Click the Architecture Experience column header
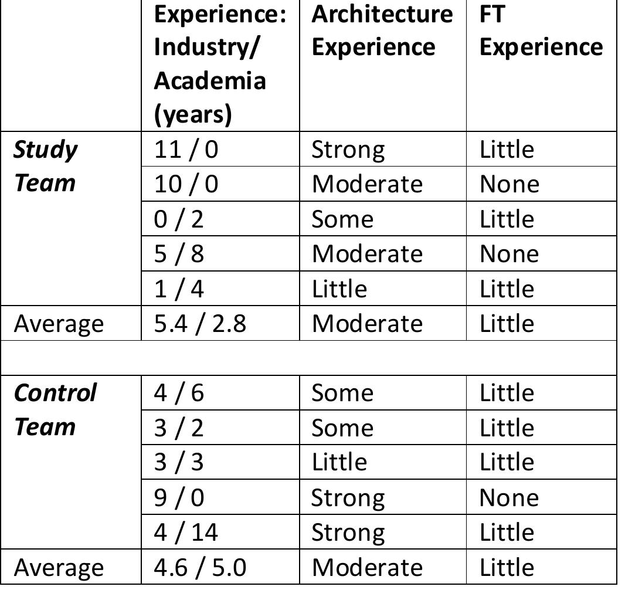click(382, 30)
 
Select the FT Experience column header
click(540, 30)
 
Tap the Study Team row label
click(45, 166)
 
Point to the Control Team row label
click(55, 409)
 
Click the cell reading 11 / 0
click(186, 150)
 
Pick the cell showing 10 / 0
click(186, 184)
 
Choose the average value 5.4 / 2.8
click(200, 323)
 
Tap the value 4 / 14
click(186, 532)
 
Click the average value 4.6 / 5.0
click(200, 567)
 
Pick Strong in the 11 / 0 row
click(348, 150)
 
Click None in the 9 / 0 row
click(508, 497)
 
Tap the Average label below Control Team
click(59, 567)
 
